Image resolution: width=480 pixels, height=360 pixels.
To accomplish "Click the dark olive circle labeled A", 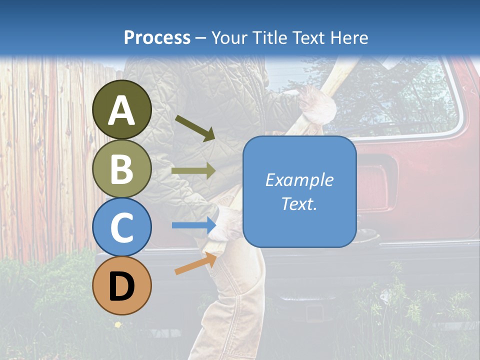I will (x=121, y=109).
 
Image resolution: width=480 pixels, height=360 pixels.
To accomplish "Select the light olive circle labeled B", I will (x=121, y=168).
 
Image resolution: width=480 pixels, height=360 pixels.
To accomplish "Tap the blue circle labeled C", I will (x=121, y=227).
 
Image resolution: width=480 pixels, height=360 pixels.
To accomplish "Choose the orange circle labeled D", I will (x=121, y=285).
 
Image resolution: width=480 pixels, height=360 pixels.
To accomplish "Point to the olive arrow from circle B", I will (x=193, y=171).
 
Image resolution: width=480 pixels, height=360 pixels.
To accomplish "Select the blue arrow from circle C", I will (x=193, y=225).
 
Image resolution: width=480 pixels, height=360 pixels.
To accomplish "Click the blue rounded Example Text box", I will (x=299, y=191).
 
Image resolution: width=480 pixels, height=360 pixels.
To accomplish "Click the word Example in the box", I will (x=299, y=179).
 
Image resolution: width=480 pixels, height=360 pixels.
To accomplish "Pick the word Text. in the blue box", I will (x=299, y=204).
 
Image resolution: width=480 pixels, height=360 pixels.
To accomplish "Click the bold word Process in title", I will (x=157, y=37).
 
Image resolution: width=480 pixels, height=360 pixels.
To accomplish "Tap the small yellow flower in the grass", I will (x=118, y=324).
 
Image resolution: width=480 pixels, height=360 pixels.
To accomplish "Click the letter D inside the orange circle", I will (x=121, y=286).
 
